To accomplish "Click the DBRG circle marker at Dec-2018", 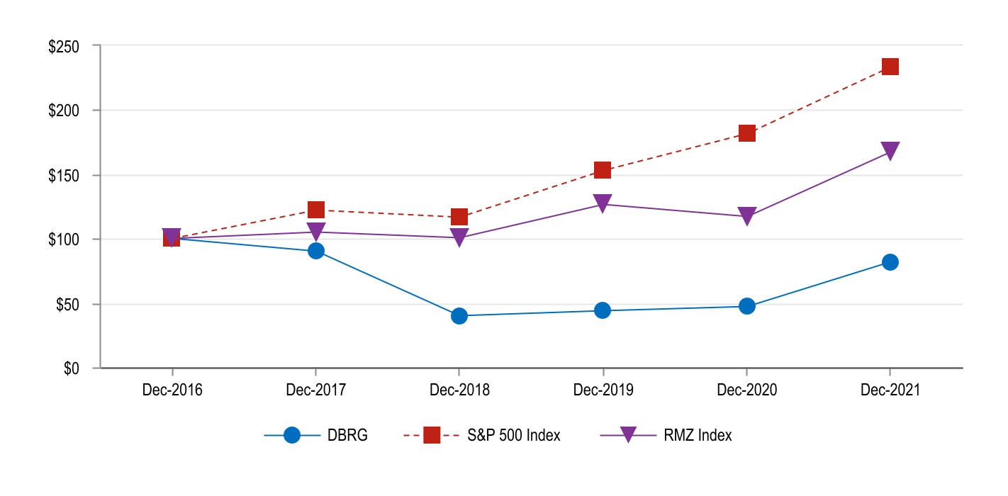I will click(459, 315).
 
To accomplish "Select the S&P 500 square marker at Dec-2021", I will click(890, 67).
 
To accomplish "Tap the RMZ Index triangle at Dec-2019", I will click(603, 203).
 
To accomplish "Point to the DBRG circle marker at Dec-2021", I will click(890, 262).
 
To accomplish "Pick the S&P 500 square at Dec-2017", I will click(316, 210).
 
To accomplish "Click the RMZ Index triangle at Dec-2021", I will click(890, 151).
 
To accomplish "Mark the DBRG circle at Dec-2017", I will click(316, 251).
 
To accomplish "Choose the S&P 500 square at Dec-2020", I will click(747, 133).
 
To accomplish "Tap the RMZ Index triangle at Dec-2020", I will click(747, 216).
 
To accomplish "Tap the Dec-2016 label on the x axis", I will click(172, 390).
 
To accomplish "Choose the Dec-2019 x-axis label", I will click(603, 390).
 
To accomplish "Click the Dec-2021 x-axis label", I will click(890, 390).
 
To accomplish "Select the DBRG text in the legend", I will click(347, 436).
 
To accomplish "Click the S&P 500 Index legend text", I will click(514, 436).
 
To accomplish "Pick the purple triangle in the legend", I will click(627, 436).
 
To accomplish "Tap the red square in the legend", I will click(432, 436).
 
